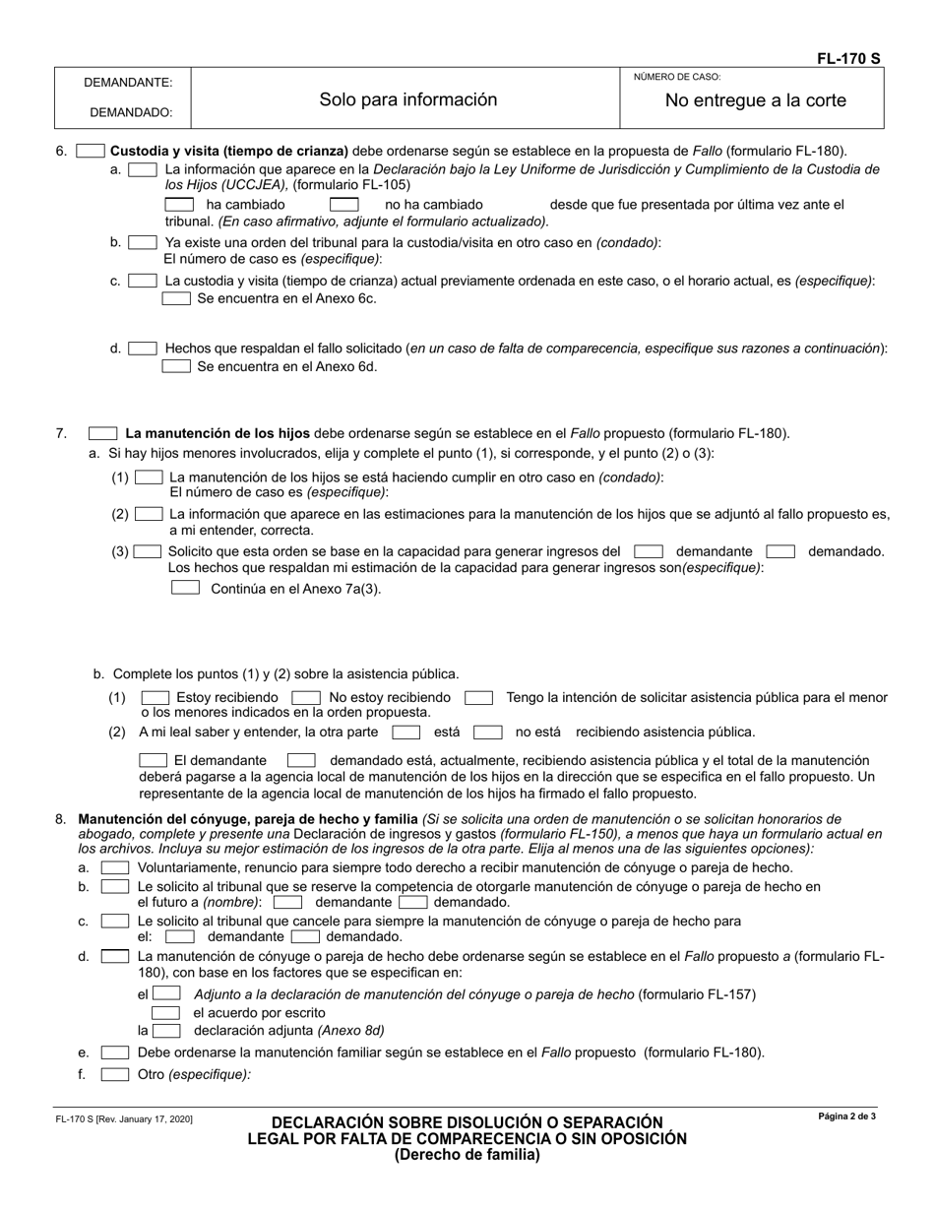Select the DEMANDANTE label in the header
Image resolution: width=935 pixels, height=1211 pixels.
click(128, 83)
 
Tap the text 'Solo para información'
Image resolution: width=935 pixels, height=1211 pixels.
click(408, 99)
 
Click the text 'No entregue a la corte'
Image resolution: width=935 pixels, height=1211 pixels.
click(755, 100)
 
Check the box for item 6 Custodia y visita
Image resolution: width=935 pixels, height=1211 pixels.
click(90, 152)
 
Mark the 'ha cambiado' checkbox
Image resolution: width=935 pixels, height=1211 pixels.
click(179, 205)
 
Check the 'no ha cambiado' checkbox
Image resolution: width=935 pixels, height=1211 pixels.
click(343, 205)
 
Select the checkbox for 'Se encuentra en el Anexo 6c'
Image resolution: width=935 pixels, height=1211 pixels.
click(176, 298)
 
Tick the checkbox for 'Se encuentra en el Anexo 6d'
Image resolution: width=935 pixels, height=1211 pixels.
click(176, 366)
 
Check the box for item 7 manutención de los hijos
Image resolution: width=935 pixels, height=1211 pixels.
click(102, 433)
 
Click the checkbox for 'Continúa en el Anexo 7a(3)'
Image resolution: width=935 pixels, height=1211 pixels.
click(186, 588)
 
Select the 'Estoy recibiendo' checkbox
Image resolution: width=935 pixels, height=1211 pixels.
click(156, 697)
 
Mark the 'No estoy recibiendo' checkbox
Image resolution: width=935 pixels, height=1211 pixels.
click(306, 697)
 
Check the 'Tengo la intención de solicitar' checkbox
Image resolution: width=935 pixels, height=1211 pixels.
click(478, 697)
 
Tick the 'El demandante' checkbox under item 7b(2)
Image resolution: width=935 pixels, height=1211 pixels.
click(154, 760)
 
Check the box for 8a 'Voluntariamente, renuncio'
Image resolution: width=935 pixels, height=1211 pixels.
click(115, 867)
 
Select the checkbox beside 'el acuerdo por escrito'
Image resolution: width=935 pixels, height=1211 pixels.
click(165, 1012)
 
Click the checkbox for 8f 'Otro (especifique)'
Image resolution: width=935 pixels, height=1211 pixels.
click(115, 1074)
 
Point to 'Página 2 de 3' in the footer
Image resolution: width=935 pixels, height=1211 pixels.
click(846, 1116)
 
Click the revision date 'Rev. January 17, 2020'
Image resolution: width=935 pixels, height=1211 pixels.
click(123, 1119)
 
